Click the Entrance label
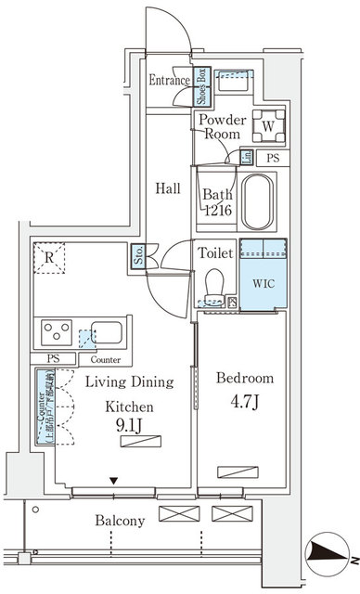169,82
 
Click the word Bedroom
244,379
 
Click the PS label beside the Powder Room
273,158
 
